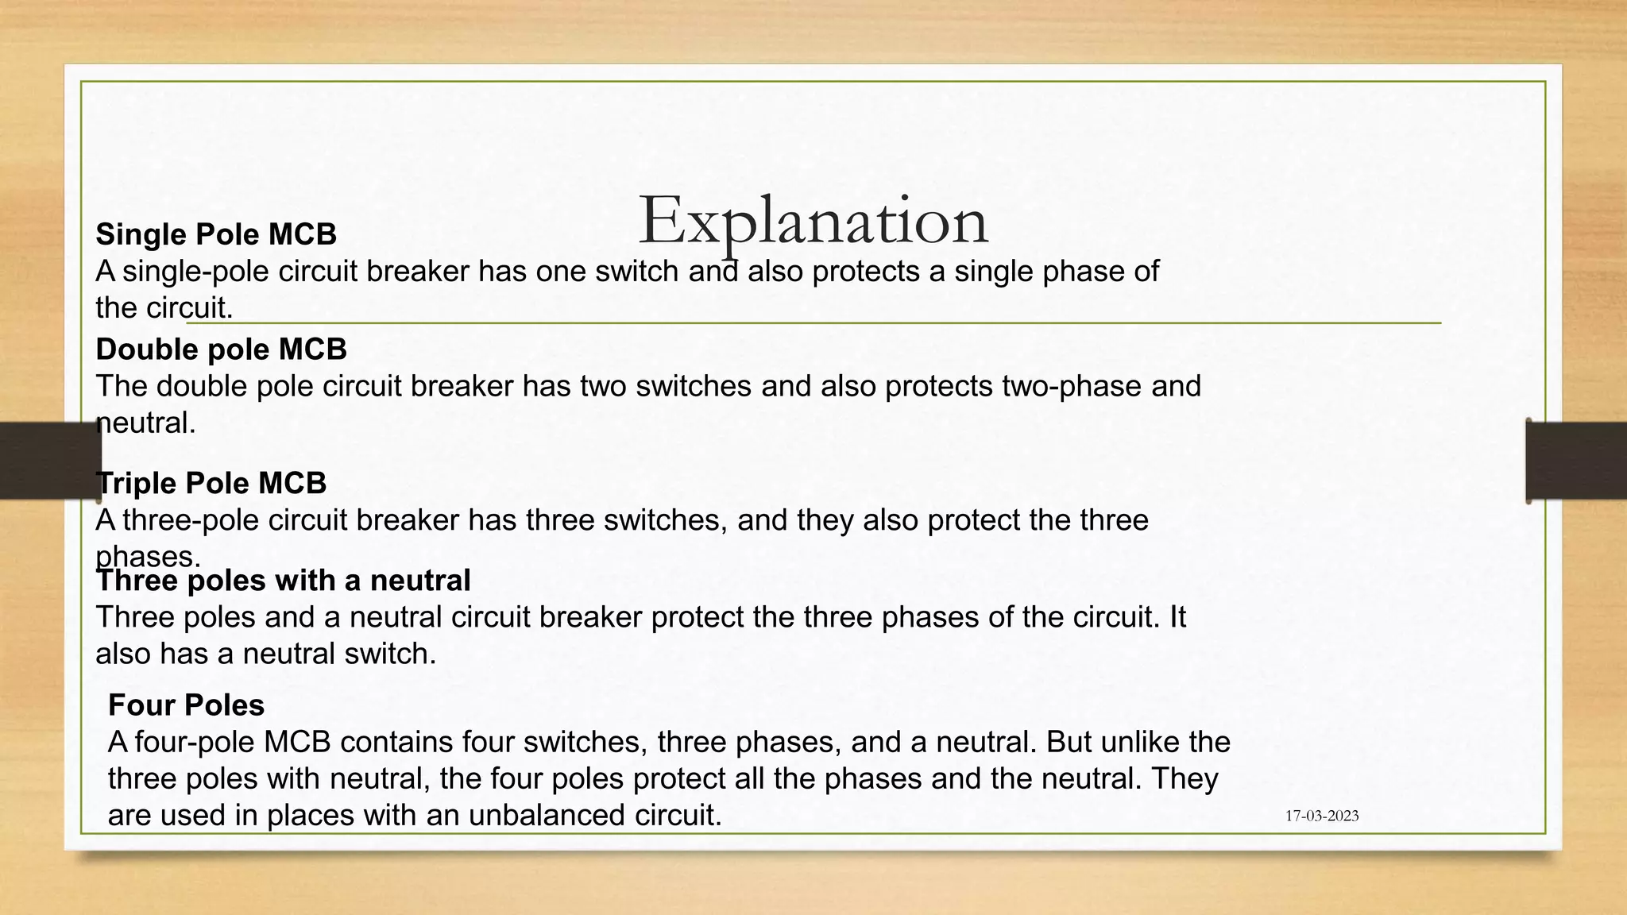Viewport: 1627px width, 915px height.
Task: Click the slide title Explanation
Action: pos(813,221)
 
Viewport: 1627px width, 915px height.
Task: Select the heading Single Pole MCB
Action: pos(216,234)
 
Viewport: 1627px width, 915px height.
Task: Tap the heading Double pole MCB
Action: pos(221,349)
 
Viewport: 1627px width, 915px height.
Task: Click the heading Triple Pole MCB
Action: pos(211,483)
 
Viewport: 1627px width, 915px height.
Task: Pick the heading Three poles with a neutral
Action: pos(283,581)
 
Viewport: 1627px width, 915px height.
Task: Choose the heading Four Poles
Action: pos(186,705)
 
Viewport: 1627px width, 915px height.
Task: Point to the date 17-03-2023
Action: pos(1322,816)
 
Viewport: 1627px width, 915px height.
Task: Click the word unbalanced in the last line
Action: pos(547,816)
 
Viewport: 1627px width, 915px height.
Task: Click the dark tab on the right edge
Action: pos(1576,461)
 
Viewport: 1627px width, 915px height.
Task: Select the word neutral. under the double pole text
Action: pos(146,423)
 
